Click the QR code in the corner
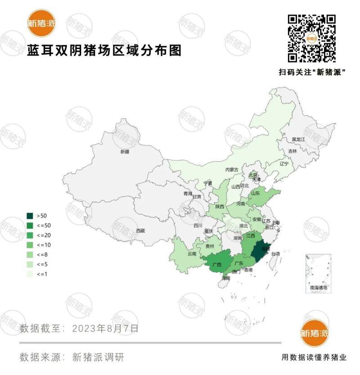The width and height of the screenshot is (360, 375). point(311,38)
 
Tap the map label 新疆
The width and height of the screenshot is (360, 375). point(125,152)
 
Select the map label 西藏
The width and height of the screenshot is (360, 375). point(141,231)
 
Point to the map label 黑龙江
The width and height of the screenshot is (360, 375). point(298,140)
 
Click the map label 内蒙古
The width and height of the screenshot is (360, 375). point(232,170)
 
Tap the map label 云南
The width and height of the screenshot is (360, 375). point(192,254)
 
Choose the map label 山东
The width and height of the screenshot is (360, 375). point(256,193)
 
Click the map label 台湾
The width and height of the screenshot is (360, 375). point(274,254)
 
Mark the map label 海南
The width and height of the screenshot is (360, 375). point(225,278)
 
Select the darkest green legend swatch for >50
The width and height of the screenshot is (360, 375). point(30,216)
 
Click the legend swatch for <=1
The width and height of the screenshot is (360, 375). point(30,274)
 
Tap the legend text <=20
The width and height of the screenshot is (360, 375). point(44,235)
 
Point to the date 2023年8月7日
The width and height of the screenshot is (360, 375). point(106,328)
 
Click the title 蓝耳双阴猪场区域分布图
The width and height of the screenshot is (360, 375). point(104,50)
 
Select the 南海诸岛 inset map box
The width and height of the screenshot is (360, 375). point(318,273)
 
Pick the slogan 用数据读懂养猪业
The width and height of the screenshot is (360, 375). point(314,357)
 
